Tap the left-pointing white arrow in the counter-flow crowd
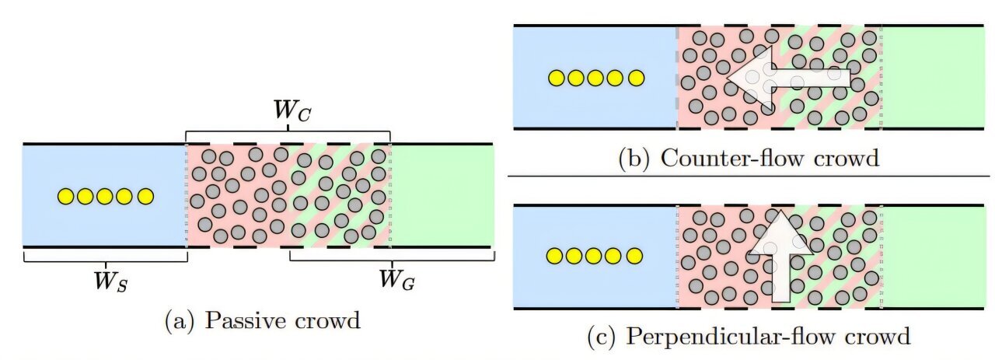[x=785, y=75]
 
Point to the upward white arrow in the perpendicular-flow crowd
[x=780, y=253]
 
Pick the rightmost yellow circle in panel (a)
[x=145, y=197]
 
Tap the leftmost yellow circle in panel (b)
[x=556, y=78]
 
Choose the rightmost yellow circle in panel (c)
[x=635, y=256]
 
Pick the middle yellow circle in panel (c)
[x=595, y=256]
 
